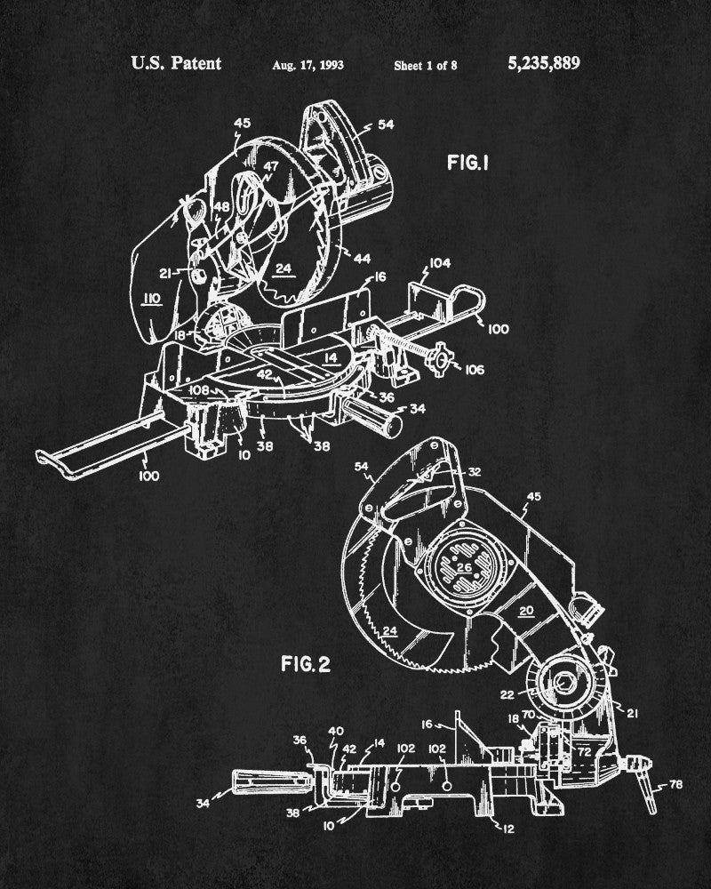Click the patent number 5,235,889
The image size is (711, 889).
click(543, 64)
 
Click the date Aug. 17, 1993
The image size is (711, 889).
click(309, 65)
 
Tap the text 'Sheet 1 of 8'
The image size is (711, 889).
click(426, 65)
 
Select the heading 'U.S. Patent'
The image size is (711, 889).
click(176, 64)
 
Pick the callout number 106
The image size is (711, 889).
click(475, 370)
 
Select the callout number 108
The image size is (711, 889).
click(197, 388)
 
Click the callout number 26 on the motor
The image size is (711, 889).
click(462, 566)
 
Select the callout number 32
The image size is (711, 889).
click(475, 473)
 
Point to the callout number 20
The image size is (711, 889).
click(526, 611)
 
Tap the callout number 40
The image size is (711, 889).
click(336, 731)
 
